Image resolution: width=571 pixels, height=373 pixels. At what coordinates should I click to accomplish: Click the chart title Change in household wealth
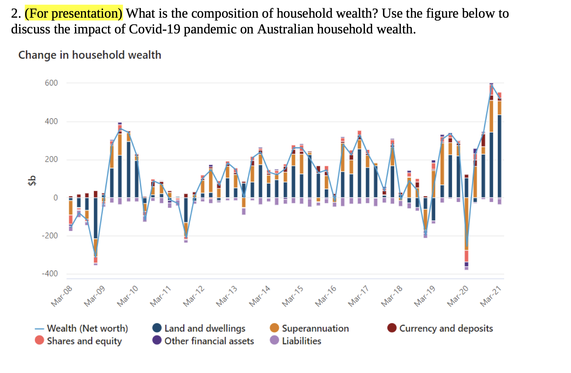(x=90, y=55)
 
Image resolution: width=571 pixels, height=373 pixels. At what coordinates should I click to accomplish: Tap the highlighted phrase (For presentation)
(x=74, y=13)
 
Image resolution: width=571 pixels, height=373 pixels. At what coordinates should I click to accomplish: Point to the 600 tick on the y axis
(x=51, y=83)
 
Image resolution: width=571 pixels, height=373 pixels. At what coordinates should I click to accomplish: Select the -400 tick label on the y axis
(x=50, y=274)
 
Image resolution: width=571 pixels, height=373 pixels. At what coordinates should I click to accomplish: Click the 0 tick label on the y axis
(x=55, y=198)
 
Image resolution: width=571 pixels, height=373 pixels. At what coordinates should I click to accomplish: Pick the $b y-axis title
(x=32, y=181)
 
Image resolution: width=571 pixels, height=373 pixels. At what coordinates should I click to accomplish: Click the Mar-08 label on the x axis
(x=62, y=296)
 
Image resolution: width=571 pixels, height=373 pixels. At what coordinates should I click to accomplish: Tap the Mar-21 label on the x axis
(x=491, y=296)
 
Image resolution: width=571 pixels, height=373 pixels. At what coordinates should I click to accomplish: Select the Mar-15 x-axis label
(x=293, y=296)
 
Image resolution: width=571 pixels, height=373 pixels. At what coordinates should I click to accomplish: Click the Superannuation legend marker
(x=274, y=328)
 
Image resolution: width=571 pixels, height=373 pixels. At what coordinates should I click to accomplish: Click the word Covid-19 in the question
(x=154, y=29)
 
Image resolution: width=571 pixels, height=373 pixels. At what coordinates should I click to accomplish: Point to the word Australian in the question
(x=285, y=29)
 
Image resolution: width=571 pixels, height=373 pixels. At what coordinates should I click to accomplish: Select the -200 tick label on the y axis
(x=50, y=236)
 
